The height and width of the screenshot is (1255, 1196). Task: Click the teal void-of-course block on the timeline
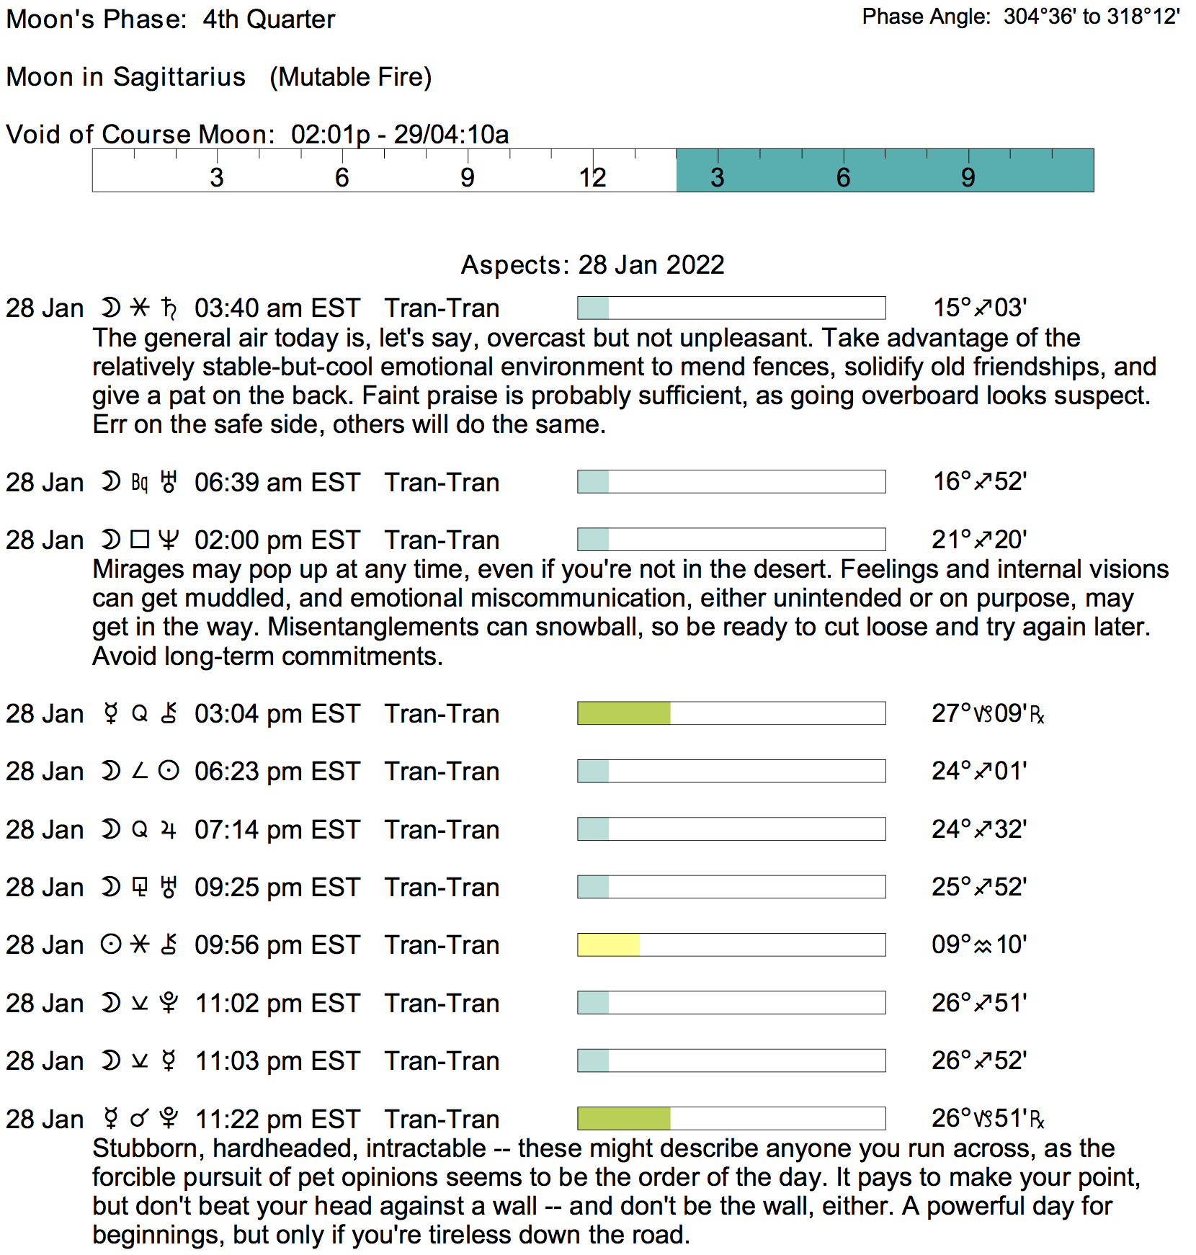885,171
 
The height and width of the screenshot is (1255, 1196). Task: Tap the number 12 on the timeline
592,178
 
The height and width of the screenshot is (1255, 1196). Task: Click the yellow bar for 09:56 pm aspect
609,944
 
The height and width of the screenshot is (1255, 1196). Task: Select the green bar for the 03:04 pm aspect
624,713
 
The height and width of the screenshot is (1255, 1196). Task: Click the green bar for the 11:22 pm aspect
624,1118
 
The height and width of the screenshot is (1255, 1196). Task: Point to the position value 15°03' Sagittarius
979,308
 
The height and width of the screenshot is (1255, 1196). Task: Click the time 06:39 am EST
277,482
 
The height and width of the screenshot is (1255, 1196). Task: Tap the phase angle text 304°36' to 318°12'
1092,17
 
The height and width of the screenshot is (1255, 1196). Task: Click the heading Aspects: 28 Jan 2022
592,265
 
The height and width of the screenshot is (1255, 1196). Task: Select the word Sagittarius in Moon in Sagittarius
179,77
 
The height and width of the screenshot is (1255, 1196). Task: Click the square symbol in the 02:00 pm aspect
140,540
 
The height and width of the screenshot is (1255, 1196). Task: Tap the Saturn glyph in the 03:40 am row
169,308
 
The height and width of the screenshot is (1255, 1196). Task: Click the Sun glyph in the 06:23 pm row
169,772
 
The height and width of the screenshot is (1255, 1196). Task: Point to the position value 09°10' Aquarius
979,944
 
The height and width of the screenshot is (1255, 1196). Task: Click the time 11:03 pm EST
277,1061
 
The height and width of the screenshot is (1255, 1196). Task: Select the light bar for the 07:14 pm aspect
593,829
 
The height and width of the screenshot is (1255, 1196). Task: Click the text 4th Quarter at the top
269,19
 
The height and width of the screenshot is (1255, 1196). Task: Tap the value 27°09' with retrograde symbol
987,713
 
